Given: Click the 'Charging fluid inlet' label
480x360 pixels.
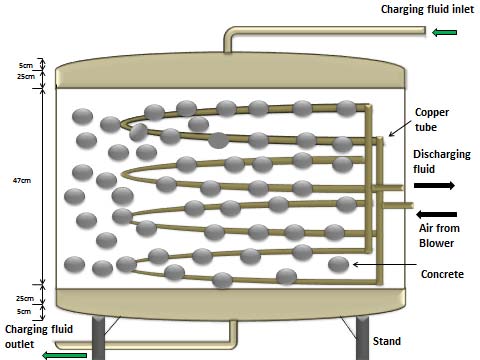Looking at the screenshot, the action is point(427,9).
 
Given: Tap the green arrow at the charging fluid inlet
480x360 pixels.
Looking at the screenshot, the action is point(444,32).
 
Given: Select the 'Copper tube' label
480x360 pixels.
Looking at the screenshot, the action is point(432,120).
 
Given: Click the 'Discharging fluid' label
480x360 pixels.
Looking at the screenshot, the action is point(442,162).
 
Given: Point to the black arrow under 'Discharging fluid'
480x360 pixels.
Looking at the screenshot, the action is point(434,185).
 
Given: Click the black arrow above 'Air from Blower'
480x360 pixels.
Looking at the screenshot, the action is point(436,214).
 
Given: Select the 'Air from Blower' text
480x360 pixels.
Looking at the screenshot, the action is point(439,235).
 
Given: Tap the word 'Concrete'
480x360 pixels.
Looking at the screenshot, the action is point(442,274).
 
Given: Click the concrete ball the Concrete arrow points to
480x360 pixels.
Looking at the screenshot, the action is point(338,264).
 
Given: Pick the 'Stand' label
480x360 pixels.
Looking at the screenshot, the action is point(387,341).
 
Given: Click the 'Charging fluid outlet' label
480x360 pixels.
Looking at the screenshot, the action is point(39,336).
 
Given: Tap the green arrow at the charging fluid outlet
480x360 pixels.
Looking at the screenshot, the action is point(64,355).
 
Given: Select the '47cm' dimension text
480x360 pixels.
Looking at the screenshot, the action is point(22,180).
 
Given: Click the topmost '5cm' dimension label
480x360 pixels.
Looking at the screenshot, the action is point(26,65).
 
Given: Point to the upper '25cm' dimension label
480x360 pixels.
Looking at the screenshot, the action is point(26,76).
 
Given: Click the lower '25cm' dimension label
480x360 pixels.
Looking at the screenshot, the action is point(25,298).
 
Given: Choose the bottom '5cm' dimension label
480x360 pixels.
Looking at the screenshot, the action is point(24,311).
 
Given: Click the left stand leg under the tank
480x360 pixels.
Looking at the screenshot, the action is point(98,337).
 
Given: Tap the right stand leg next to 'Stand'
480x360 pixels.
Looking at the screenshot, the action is point(362,337).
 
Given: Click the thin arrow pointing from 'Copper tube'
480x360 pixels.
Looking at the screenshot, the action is point(400,129).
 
